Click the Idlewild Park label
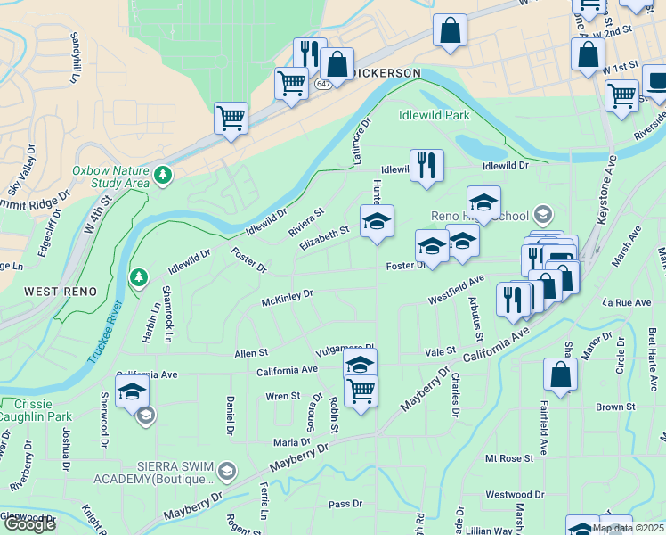(x=434, y=115)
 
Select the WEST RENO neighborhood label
(x=54, y=291)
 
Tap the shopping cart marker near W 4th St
(x=231, y=117)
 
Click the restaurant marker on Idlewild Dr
(x=427, y=165)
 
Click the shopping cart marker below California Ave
(x=361, y=391)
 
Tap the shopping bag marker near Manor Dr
(x=561, y=374)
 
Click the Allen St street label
(x=250, y=354)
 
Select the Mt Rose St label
(x=508, y=458)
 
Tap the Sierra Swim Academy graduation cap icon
(x=228, y=471)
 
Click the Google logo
(x=29, y=523)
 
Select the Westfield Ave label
(x=455, y=286)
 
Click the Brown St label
(x=614, y=407)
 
